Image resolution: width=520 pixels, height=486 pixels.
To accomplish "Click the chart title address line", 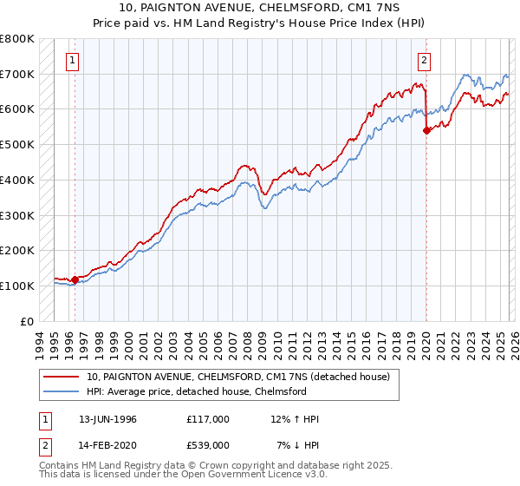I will point(260,8).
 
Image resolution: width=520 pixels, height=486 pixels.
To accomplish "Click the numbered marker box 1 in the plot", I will point(71,61).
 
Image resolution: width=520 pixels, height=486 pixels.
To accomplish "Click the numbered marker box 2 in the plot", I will point(425,61).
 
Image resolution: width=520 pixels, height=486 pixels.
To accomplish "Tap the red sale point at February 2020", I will point(426,130).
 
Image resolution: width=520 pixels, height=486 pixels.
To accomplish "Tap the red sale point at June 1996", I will point(75,279).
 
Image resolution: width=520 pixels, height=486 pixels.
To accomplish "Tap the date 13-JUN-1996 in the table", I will point(107,420).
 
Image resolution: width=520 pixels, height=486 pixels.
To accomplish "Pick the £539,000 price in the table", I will point(207,445).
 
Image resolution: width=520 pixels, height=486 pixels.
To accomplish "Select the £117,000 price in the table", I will point(207,420).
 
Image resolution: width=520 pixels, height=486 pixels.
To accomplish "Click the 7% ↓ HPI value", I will point(298,445).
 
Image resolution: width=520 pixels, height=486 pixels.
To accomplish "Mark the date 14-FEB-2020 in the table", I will point(107,445).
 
